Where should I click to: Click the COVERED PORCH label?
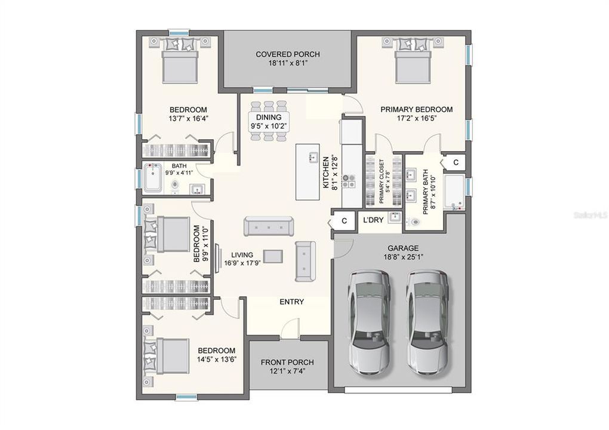tap(288, 54)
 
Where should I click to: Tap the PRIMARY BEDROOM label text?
tap(416, 109)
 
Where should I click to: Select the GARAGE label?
tap(402, 248)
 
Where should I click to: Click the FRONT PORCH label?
tap(287, 363)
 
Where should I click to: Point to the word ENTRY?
tap(292, 302)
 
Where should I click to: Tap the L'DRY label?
tap(373, 220)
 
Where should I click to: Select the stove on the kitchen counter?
tap(350, 177)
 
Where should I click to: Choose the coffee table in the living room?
tap(273, 256)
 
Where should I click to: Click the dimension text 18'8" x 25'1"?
tap(402, 258)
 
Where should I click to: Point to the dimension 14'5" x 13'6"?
tap(216, 360)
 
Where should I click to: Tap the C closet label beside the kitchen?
tap(344, 221)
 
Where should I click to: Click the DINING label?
tap(269, 118)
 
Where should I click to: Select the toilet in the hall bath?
tap(175, 186)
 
